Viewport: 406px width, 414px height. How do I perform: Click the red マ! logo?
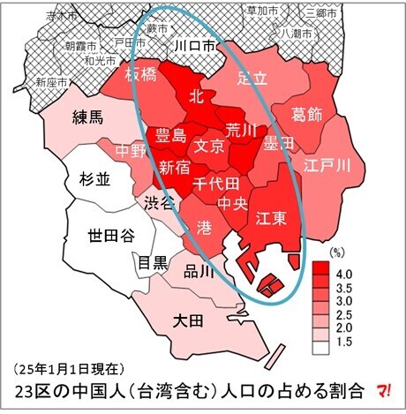(385, 388)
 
